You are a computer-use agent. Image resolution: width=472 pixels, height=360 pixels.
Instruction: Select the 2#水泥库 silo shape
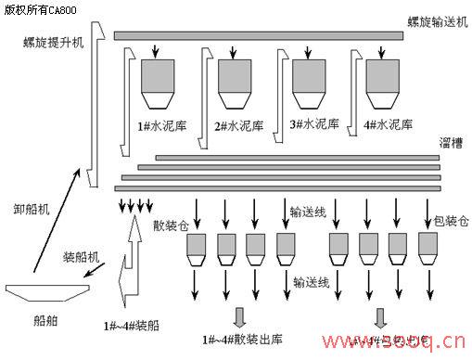tap(232, 82)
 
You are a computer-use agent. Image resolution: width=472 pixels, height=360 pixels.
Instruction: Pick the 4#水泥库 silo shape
tap(383, 82)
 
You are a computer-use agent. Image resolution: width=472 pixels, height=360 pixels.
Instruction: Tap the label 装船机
tap(83, 255)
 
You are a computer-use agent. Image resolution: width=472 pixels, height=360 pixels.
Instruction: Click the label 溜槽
tap(453, 143)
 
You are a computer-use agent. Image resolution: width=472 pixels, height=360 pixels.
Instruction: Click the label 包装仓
tap(452, 222)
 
